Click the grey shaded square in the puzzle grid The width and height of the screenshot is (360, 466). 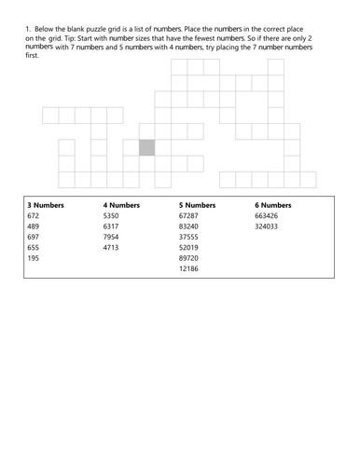pos(147,147)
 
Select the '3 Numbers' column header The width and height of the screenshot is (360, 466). pos(45,204)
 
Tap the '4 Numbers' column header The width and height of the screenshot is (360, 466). pos(121,204)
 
